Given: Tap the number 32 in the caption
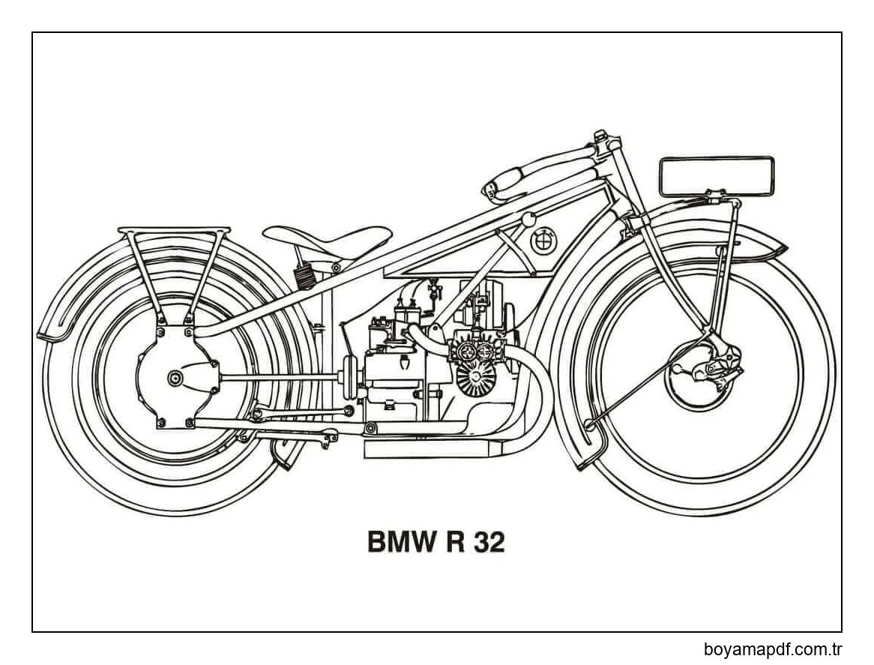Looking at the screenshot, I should [x=489, y=542].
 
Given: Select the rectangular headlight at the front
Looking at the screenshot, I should [x=716, y=176].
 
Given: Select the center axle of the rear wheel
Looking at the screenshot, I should [x=175, y=377].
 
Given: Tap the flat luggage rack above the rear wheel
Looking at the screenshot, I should [x=174, y=231].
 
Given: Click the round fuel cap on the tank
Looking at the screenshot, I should [x=528, y=220].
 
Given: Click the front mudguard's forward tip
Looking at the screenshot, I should [x=780, y=247].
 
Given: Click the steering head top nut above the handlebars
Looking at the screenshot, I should [x=600, y=136].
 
